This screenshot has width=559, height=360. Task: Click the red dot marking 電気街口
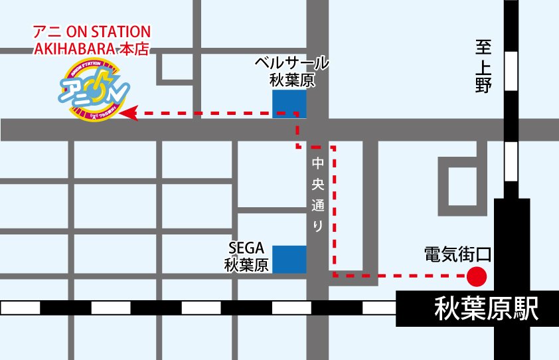[477, 274]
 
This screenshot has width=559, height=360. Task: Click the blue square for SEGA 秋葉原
[289, 259]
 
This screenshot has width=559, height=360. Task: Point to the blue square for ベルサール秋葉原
[289, 104]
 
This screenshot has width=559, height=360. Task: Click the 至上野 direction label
[483, 66]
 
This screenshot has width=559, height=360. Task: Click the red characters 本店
[133, 48]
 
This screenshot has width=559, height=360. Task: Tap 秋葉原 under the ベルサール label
[292, 80]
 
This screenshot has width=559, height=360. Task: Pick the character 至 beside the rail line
[483, 48]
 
